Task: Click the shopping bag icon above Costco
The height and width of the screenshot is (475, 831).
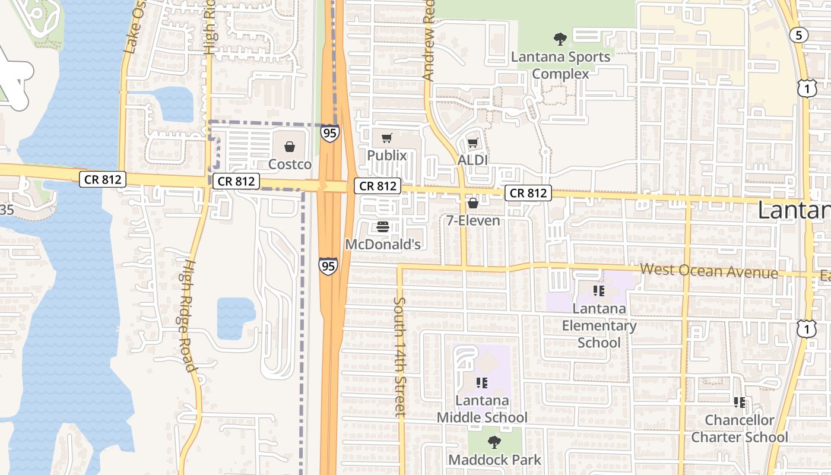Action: click(290, 146)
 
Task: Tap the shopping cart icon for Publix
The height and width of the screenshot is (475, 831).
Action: click(387, 138)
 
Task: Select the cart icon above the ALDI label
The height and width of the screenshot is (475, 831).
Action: click(472, 142)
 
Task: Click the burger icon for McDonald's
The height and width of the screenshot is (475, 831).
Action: click(383, 227)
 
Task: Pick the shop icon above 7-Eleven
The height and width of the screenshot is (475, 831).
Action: click(473, 204)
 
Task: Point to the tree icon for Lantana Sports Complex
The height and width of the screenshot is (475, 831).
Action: click(560, 40)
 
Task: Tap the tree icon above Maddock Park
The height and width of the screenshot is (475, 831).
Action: click(494, 442)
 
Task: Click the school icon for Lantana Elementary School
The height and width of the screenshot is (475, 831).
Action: click(599, 291)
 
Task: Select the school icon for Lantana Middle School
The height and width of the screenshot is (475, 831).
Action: click(481, 383)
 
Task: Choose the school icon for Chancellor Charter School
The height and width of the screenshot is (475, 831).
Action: click(740, 403)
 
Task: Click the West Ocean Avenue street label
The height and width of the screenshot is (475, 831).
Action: click(709, 271)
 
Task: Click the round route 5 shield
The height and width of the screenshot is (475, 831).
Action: click(798, 36)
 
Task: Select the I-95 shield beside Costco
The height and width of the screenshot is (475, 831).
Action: click(330, 133)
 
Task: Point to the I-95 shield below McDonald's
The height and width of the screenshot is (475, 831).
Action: click(328, 265)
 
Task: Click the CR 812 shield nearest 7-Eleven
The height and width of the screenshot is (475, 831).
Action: click(528, 193)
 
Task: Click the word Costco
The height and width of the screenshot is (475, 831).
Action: click(290, 164)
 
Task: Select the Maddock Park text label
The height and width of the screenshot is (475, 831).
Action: click(495, 460)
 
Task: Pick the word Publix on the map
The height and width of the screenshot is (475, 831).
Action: click(387, 156)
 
